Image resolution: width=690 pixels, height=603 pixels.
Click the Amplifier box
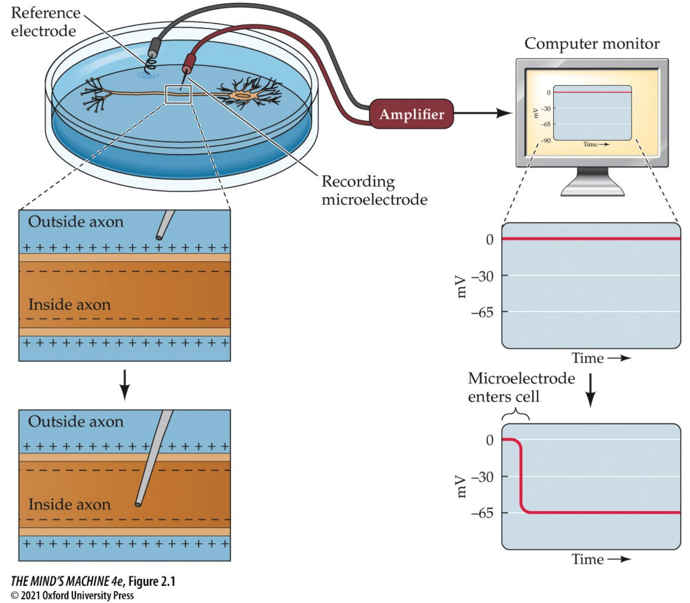pos(411,114)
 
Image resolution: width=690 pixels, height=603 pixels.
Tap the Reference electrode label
pos(44,22)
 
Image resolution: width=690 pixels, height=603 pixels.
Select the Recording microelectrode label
pos(374,190)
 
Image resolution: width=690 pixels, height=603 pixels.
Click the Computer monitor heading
pos(592,43)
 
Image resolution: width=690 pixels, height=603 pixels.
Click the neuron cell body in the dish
pos(243,96)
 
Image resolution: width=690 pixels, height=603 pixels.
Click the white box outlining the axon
pos(178,94)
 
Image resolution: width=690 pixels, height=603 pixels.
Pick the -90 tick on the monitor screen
pos(546,140)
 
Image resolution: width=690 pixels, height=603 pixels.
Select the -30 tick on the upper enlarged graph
pos(483,276)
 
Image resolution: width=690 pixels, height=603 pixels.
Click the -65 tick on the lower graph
pos(483,513)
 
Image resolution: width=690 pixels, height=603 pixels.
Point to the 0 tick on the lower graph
pos(489,440)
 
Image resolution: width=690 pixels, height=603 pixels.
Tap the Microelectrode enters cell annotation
pos(521,387)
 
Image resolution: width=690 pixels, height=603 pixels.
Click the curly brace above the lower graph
pos(516,415)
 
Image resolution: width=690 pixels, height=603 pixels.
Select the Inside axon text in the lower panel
pos(69,504)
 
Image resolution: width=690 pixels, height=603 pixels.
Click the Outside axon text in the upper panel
pos(76,221)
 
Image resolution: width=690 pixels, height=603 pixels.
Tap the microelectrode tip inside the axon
pos(138,504)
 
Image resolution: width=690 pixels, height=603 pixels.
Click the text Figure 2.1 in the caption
pos(151,581)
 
